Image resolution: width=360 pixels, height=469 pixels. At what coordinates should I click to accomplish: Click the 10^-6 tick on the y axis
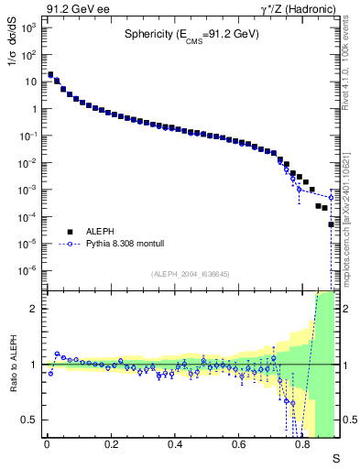click(29, 270)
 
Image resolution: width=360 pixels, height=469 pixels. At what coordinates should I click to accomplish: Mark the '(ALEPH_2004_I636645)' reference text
click(191, 273)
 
